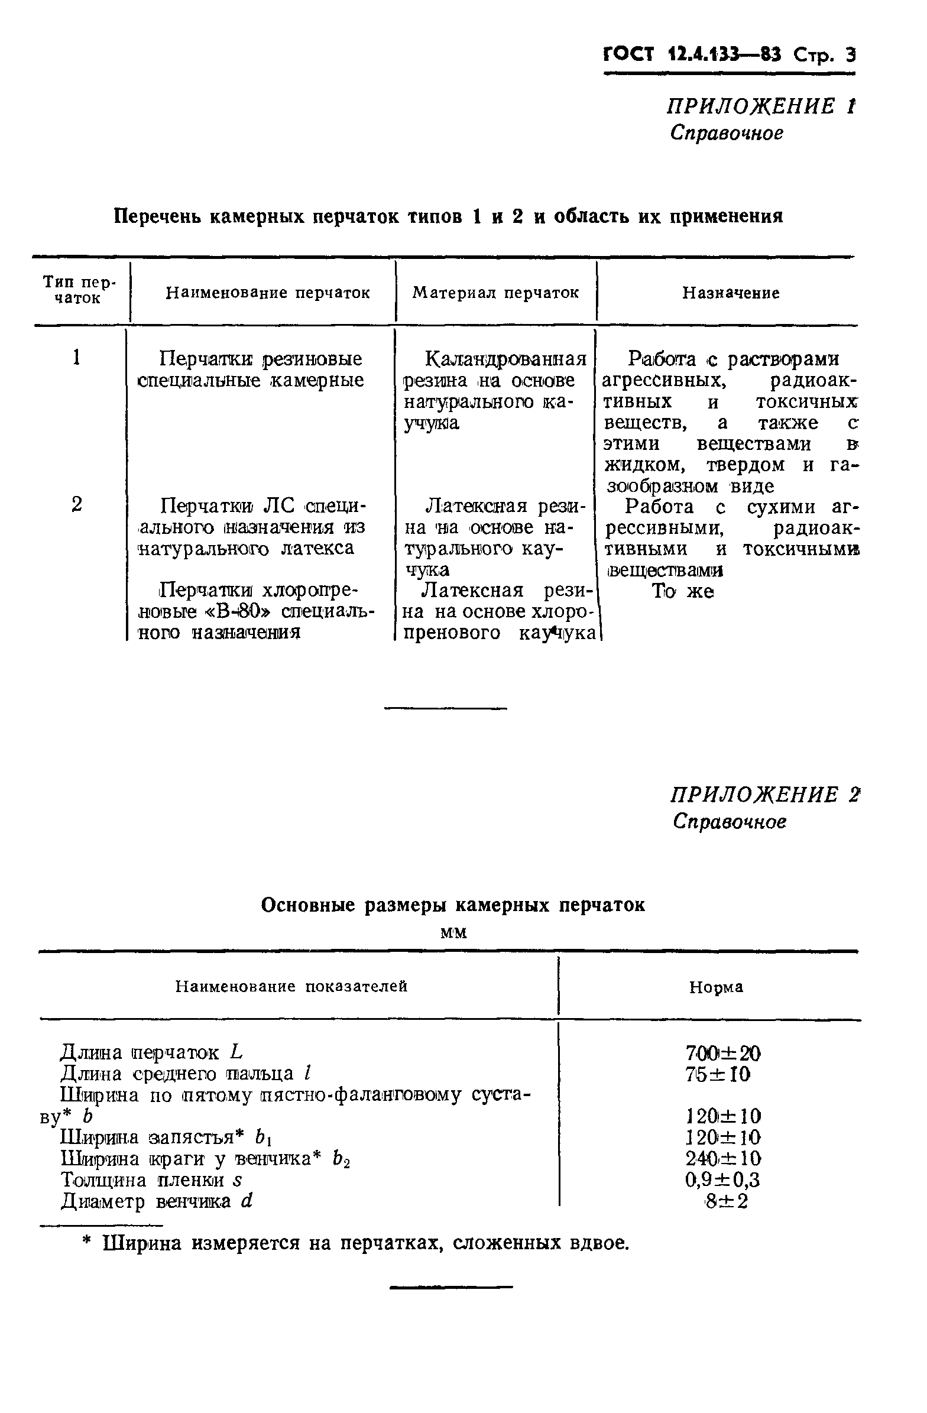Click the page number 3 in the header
(850, 55)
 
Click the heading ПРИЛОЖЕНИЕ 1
(761, 107)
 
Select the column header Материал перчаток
(495, 293)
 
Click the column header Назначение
(731, 293)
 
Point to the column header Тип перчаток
(79, 290)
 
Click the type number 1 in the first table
(76, 358)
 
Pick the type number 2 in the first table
(77, 505)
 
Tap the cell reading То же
(683, 591)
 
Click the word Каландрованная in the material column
(506, 359)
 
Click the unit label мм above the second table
(453, 933)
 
